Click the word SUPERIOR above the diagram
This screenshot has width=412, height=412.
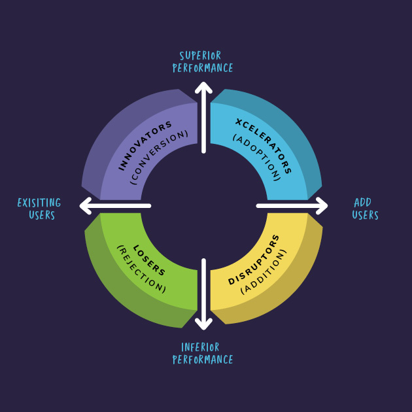200,56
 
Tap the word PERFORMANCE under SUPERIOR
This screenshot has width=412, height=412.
203,68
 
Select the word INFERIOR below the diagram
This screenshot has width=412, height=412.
200,347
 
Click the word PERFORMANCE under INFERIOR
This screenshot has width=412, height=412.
203,359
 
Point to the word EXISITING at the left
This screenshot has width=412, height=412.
39,203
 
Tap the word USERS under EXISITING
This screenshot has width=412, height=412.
42,215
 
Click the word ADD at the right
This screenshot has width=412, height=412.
362,203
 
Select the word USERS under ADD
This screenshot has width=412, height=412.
365,215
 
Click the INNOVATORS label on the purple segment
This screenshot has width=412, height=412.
144,145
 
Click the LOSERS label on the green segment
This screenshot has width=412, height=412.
148,260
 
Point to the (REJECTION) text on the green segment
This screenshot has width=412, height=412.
141,269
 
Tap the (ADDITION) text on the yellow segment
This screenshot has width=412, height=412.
264,271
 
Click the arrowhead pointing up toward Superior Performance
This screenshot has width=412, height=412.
203,87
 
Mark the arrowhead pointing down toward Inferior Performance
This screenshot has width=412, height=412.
203,324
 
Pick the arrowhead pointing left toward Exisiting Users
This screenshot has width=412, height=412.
85,206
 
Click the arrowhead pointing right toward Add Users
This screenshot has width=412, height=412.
322,206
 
